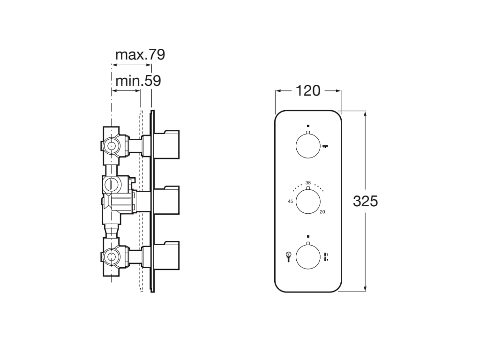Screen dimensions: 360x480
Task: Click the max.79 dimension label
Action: [140, 55]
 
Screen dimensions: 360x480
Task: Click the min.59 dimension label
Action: [138, 81]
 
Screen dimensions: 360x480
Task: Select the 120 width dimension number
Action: [307, 91]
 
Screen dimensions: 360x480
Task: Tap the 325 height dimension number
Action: [365, 202]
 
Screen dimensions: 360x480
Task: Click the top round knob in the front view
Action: [308, 146]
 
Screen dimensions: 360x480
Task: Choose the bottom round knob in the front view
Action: [308, 257]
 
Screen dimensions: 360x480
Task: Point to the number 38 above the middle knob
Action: [308, 182]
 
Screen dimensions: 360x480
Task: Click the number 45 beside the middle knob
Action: [291, 202]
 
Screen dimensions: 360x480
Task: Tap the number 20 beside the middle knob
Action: [322, 212]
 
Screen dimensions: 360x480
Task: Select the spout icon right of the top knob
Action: [325, 147]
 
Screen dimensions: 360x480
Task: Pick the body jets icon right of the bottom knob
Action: [326, 256]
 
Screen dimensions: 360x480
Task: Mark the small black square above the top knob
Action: [308, 126]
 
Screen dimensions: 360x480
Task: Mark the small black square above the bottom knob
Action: [308, 236]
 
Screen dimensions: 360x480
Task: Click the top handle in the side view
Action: [166, 144]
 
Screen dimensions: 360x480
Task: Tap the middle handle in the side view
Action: [166, 200]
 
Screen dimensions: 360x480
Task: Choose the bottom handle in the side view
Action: [166, 256]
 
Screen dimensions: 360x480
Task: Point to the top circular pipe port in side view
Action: [111, 146]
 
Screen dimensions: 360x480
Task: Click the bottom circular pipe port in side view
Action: [111, 257]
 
